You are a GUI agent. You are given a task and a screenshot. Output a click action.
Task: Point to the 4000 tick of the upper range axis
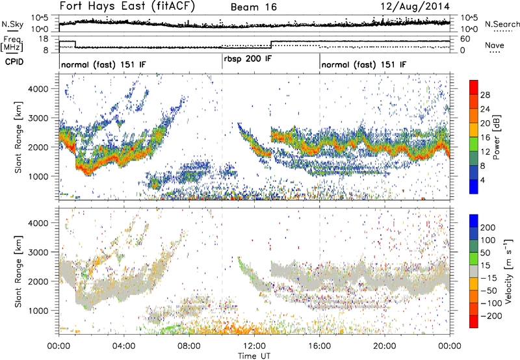[x=43, y=88]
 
